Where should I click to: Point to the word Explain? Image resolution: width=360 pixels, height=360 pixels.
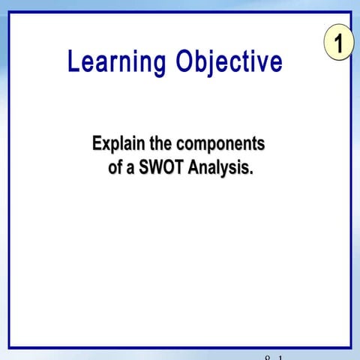pos(117,143)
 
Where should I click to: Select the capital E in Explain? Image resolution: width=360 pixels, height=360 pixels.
pos(96,142)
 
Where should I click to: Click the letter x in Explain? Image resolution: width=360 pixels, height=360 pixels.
pos(105,144)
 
